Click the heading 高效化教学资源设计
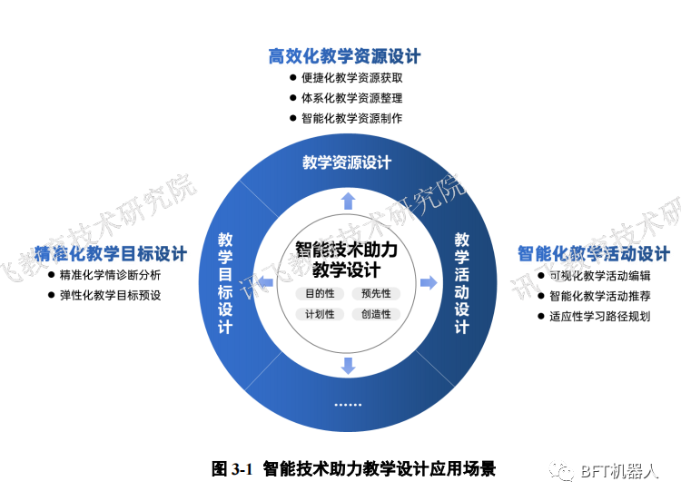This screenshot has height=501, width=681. coord(345,56)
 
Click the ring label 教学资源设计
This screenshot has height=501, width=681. coord(347,162)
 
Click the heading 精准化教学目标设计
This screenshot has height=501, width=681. coord(111,253)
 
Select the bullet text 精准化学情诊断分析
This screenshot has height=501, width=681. coord(110,275)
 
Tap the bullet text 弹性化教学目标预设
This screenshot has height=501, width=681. coord(110,295)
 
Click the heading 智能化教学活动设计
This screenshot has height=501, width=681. coord(594,253)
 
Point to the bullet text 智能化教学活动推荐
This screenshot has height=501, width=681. coord(600,296)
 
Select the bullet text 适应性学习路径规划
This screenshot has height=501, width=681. coord(600,317)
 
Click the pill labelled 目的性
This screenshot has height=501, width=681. coord(320,294)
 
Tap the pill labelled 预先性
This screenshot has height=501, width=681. coord(376,294)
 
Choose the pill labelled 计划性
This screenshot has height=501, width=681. coord(320,314)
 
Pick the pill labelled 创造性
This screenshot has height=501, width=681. coord(376,314)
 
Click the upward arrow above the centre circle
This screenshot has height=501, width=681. coord(347,201)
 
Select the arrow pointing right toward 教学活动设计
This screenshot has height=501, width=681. coord(428,283)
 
